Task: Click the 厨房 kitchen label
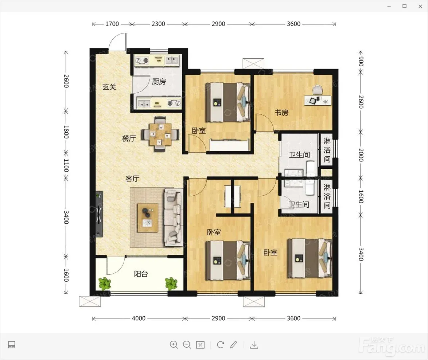159,82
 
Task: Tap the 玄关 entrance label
109,87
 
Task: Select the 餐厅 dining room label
129,138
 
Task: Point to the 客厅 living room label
132,179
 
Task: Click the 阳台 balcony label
141,274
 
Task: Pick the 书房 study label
282,112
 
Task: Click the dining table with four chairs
160,134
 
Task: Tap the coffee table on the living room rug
148,218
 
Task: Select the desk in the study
318,100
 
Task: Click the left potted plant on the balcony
105,283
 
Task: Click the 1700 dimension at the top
112,24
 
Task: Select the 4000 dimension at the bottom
139,318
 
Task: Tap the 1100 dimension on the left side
66,165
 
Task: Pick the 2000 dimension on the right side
361,155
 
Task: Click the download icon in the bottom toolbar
254,345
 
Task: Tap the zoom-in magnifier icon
174,345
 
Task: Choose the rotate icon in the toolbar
220,345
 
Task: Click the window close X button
420,6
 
